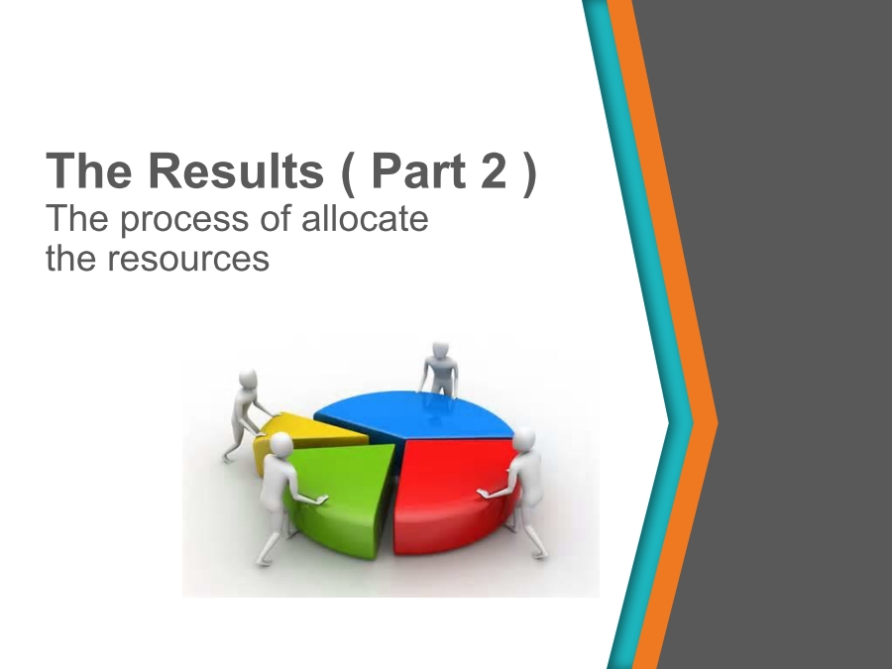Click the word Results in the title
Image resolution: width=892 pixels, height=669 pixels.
click(x=236, y=170)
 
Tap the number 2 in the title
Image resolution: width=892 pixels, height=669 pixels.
click(x=494, y=170)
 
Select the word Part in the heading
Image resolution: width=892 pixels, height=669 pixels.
click(x=418, y=170)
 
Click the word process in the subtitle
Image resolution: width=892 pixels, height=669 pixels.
click(x=185, y=220)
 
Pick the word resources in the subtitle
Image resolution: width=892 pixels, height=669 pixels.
click(x=188, y=259)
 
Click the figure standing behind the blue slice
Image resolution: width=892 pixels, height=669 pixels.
click(x=439, y=370)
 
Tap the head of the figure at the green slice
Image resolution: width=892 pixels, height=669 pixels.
click(x=279, y=444)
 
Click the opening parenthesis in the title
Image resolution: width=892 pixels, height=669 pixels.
click(x=349, y=172)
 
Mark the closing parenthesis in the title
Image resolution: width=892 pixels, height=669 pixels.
click(x=528, y=172)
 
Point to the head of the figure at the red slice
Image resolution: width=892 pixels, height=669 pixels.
click(x=523, y=440)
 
